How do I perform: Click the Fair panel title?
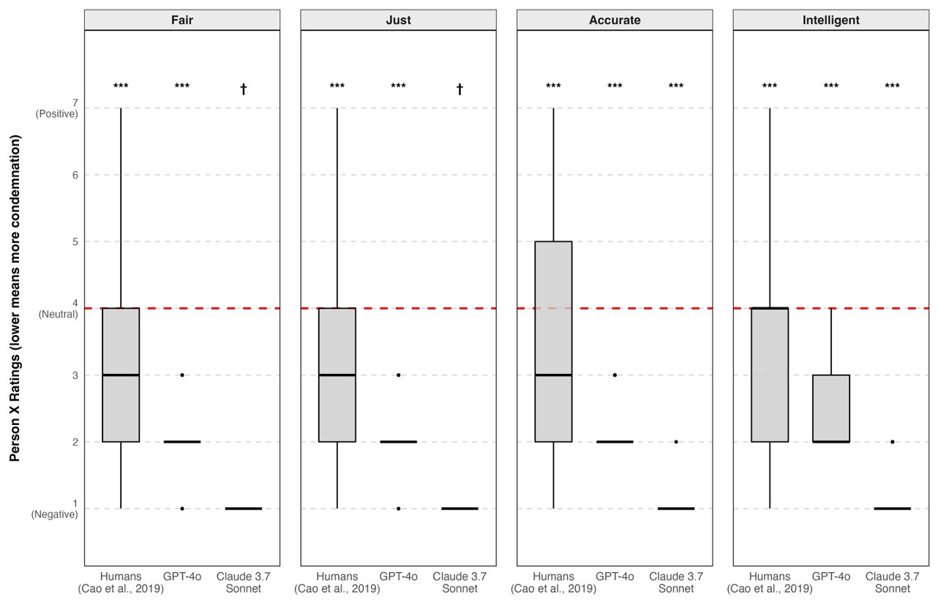(x=182, y=20)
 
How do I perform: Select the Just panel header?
(x=398, y=20)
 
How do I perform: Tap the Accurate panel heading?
(x=615, y=20)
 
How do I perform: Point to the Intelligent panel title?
(x=831, y=20)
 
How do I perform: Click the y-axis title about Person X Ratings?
(x=15, y=298)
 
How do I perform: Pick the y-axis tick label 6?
(x=75, y=175)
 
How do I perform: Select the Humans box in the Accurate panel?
(x=553, y=342)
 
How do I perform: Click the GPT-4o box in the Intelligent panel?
(x=831, y=408)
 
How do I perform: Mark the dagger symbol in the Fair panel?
(x=243, y=89)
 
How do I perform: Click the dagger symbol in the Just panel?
(x=460, y=89)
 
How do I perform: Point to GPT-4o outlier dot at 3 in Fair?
(x=182, y=375)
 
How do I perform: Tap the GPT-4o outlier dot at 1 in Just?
(x=398, y=508)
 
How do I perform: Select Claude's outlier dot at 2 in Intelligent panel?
(x=892, y=442)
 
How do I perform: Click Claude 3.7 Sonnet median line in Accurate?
(x=676, y=508)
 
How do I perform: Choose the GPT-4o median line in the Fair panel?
(x=182, y=442)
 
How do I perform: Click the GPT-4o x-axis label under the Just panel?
(x=398, y=577)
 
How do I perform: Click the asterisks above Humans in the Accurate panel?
(x=553, y=86)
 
